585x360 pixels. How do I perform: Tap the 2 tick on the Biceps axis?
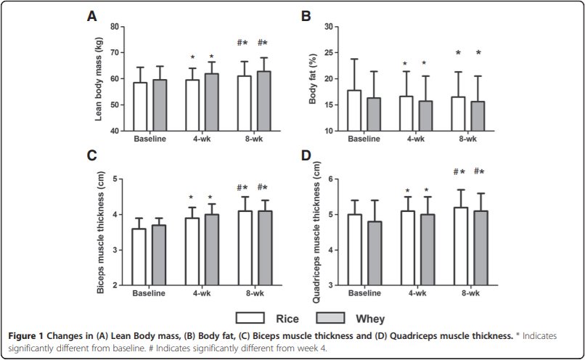116,285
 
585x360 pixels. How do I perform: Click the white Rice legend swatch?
250,317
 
